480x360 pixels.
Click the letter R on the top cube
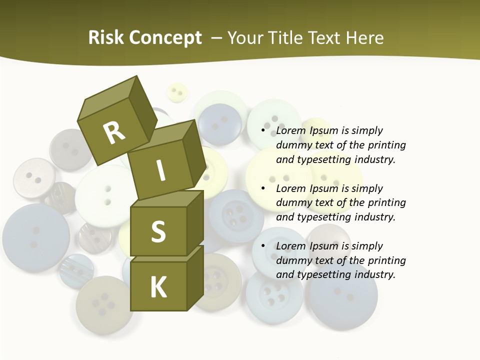[114, 132]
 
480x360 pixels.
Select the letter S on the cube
[158, 231]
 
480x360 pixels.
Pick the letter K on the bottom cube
[158, 287]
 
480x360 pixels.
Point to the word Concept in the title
[165, 38]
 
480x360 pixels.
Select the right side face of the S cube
[195, 222]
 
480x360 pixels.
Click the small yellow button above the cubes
[176, 92]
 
